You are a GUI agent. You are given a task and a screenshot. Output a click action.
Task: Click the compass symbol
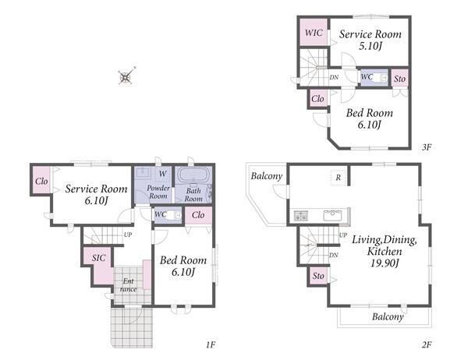coord(126,76)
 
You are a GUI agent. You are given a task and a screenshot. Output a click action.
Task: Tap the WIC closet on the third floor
coord(314,32)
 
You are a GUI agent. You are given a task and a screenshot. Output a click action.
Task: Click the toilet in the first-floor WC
coord(174,215)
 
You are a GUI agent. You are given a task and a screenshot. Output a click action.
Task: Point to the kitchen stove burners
coord(301,215)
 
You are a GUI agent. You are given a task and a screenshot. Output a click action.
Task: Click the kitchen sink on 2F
coord(333,215)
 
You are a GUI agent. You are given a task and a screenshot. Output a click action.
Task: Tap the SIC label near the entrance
coord(98,258)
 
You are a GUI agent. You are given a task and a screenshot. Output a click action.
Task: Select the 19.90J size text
coord(385,263)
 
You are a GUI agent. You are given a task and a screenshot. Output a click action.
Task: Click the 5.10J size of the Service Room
coord(370,46)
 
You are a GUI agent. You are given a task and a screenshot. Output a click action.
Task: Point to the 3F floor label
coord(427,146)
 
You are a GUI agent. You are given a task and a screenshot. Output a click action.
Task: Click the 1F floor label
coord(211,344)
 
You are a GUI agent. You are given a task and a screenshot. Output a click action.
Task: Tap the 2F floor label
coord(427,344)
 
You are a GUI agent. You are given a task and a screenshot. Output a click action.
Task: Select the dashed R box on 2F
coord(339,178)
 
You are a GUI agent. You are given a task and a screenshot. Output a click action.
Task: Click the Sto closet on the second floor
coord(318,276)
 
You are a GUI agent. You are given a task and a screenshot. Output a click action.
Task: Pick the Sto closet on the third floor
coord(399,79)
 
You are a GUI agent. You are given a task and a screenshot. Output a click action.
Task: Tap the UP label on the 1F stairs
coord(128,235)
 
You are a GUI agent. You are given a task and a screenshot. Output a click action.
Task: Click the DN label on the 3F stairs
coord(334,77)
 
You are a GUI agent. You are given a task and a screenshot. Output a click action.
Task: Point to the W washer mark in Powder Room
coord(163,174)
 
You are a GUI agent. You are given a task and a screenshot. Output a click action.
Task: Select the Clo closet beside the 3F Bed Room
coord(317,98)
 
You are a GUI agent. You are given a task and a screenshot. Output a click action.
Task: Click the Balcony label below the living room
coord(388,316)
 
